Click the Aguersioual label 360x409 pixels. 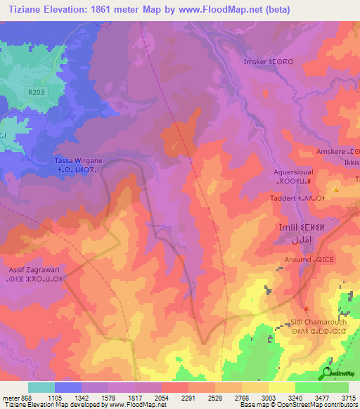coord(293,171)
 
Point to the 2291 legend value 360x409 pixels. coord(188,397)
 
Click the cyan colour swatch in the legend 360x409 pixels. coord(41,387)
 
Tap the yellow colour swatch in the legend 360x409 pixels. coord(281,387)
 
